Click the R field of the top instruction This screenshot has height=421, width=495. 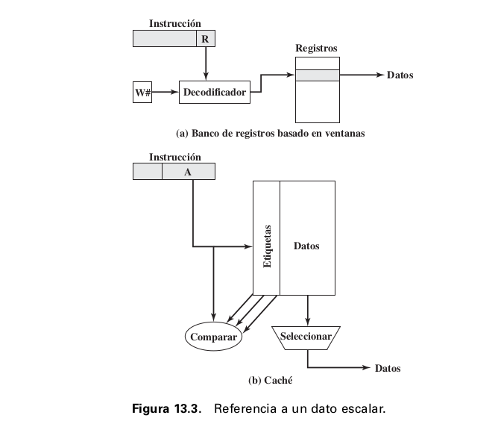click(205, 39)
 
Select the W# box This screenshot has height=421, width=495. click(143, 93)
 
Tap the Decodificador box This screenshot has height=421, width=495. click(214, 93)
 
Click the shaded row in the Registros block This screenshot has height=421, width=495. click(316, 75)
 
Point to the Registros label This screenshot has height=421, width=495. click(316, 49)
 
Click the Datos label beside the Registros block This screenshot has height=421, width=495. click(400, 75)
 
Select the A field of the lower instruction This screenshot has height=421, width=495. click(188, 172)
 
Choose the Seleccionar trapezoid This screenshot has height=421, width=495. click(306, 337)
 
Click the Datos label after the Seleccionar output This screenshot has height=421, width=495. click(388, 368)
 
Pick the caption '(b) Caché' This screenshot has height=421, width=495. click(270, 381)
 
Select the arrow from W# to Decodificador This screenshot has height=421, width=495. click(166, 93)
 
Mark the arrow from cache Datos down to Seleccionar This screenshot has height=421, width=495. click(308, 310)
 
